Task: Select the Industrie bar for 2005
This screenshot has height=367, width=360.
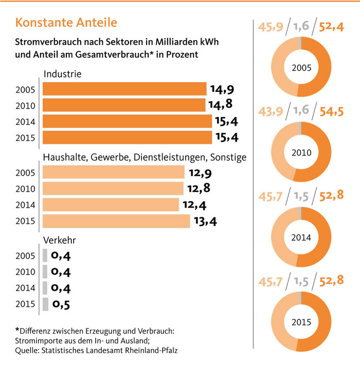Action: pos(123,90)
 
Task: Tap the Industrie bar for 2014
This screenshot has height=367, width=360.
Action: pos(126,122)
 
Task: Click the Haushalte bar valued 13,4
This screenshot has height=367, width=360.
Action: pos(116,221)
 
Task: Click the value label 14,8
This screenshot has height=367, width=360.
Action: pos(221,105)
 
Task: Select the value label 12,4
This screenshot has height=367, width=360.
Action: pos(194,205)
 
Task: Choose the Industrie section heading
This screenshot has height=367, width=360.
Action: pos(63,75)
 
